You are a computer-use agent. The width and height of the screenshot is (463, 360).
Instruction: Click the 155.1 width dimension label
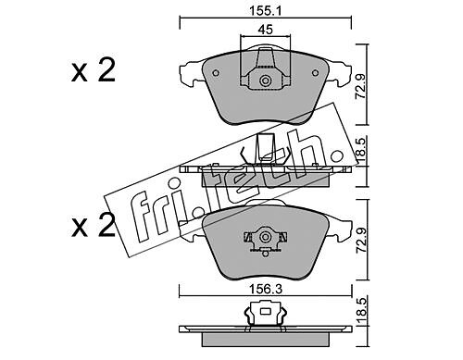[266, 12]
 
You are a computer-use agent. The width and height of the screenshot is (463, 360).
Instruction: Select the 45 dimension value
[266, 30]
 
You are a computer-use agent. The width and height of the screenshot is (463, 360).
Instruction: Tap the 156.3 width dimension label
[266, 290]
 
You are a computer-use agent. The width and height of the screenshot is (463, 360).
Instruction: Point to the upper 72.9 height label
[361, 86]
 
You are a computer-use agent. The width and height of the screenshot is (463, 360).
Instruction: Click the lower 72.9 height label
[361, 241]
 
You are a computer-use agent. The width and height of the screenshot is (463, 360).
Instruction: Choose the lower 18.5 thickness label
[361, 311]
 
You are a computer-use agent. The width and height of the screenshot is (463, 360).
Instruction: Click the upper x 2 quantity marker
[94, 69]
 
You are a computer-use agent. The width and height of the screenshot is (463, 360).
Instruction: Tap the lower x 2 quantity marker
[94, 225]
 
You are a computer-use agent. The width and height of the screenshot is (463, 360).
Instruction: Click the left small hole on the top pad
[216, 73]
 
